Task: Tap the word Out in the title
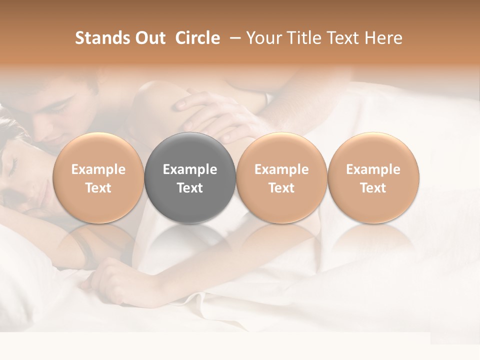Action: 148,38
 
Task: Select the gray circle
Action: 190,177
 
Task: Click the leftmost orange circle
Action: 98,177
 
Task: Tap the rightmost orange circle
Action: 373,177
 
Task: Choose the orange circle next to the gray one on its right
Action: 281,177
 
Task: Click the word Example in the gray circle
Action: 190,169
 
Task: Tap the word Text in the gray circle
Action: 190,188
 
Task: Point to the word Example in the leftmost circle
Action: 98,169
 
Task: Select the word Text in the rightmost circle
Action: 373,188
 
